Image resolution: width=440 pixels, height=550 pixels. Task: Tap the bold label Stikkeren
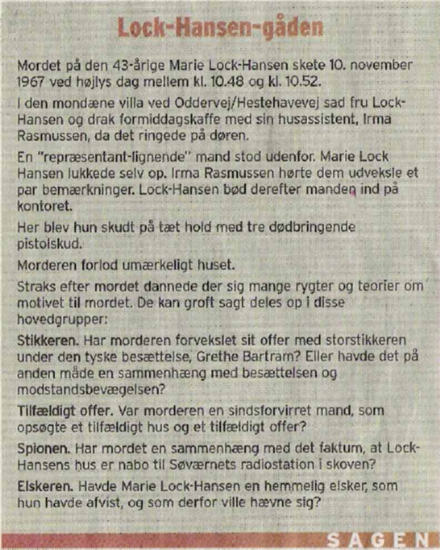pos(42,340)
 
